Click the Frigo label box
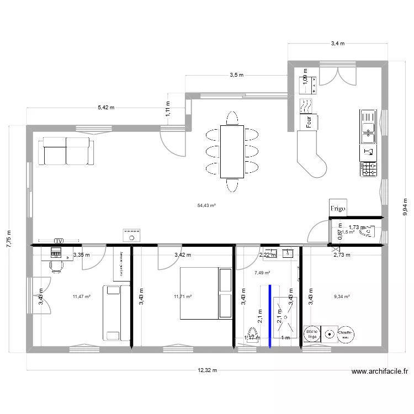[338, 208]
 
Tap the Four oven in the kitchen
[307, 122]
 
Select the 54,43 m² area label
[206, 205]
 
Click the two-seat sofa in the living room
[66, 151]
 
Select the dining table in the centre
[231, 152]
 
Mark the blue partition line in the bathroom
[269, 316]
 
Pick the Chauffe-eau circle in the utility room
[346, 333]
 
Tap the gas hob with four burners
[368, 169]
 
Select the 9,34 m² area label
[342, 296]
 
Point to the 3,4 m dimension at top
[337, 43]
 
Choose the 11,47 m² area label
[81, 296]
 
